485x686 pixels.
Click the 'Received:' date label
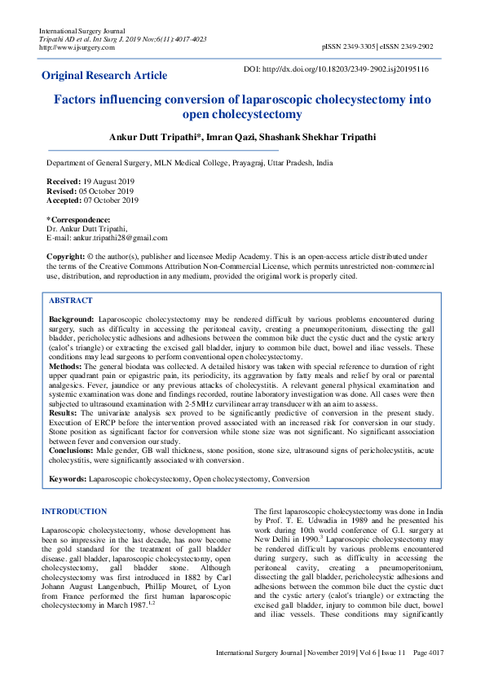click(x=64, y=181)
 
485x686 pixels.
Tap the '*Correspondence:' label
click(x=78, y=220)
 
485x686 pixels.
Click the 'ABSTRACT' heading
click(x=71, y=301)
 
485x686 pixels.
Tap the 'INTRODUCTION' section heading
click(x=74, y=512)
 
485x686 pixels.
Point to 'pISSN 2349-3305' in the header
click(x=350, y=47)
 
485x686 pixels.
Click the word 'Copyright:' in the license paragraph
click(x=66, y=257)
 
